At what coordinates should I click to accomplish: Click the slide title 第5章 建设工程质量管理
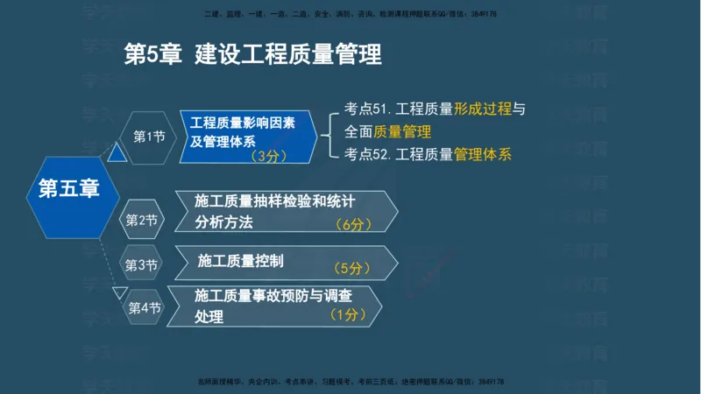(x=253, y=54)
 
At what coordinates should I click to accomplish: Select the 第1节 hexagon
(x=149, y=136)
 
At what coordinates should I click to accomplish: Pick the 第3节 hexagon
(x=141, y=264)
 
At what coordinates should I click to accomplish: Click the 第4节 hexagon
(x=145, y=307)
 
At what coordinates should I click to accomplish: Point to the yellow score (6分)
(x=354, y=224)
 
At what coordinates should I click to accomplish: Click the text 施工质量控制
(x=241, y=261)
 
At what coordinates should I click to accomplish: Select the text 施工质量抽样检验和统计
(x=275, y=200)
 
